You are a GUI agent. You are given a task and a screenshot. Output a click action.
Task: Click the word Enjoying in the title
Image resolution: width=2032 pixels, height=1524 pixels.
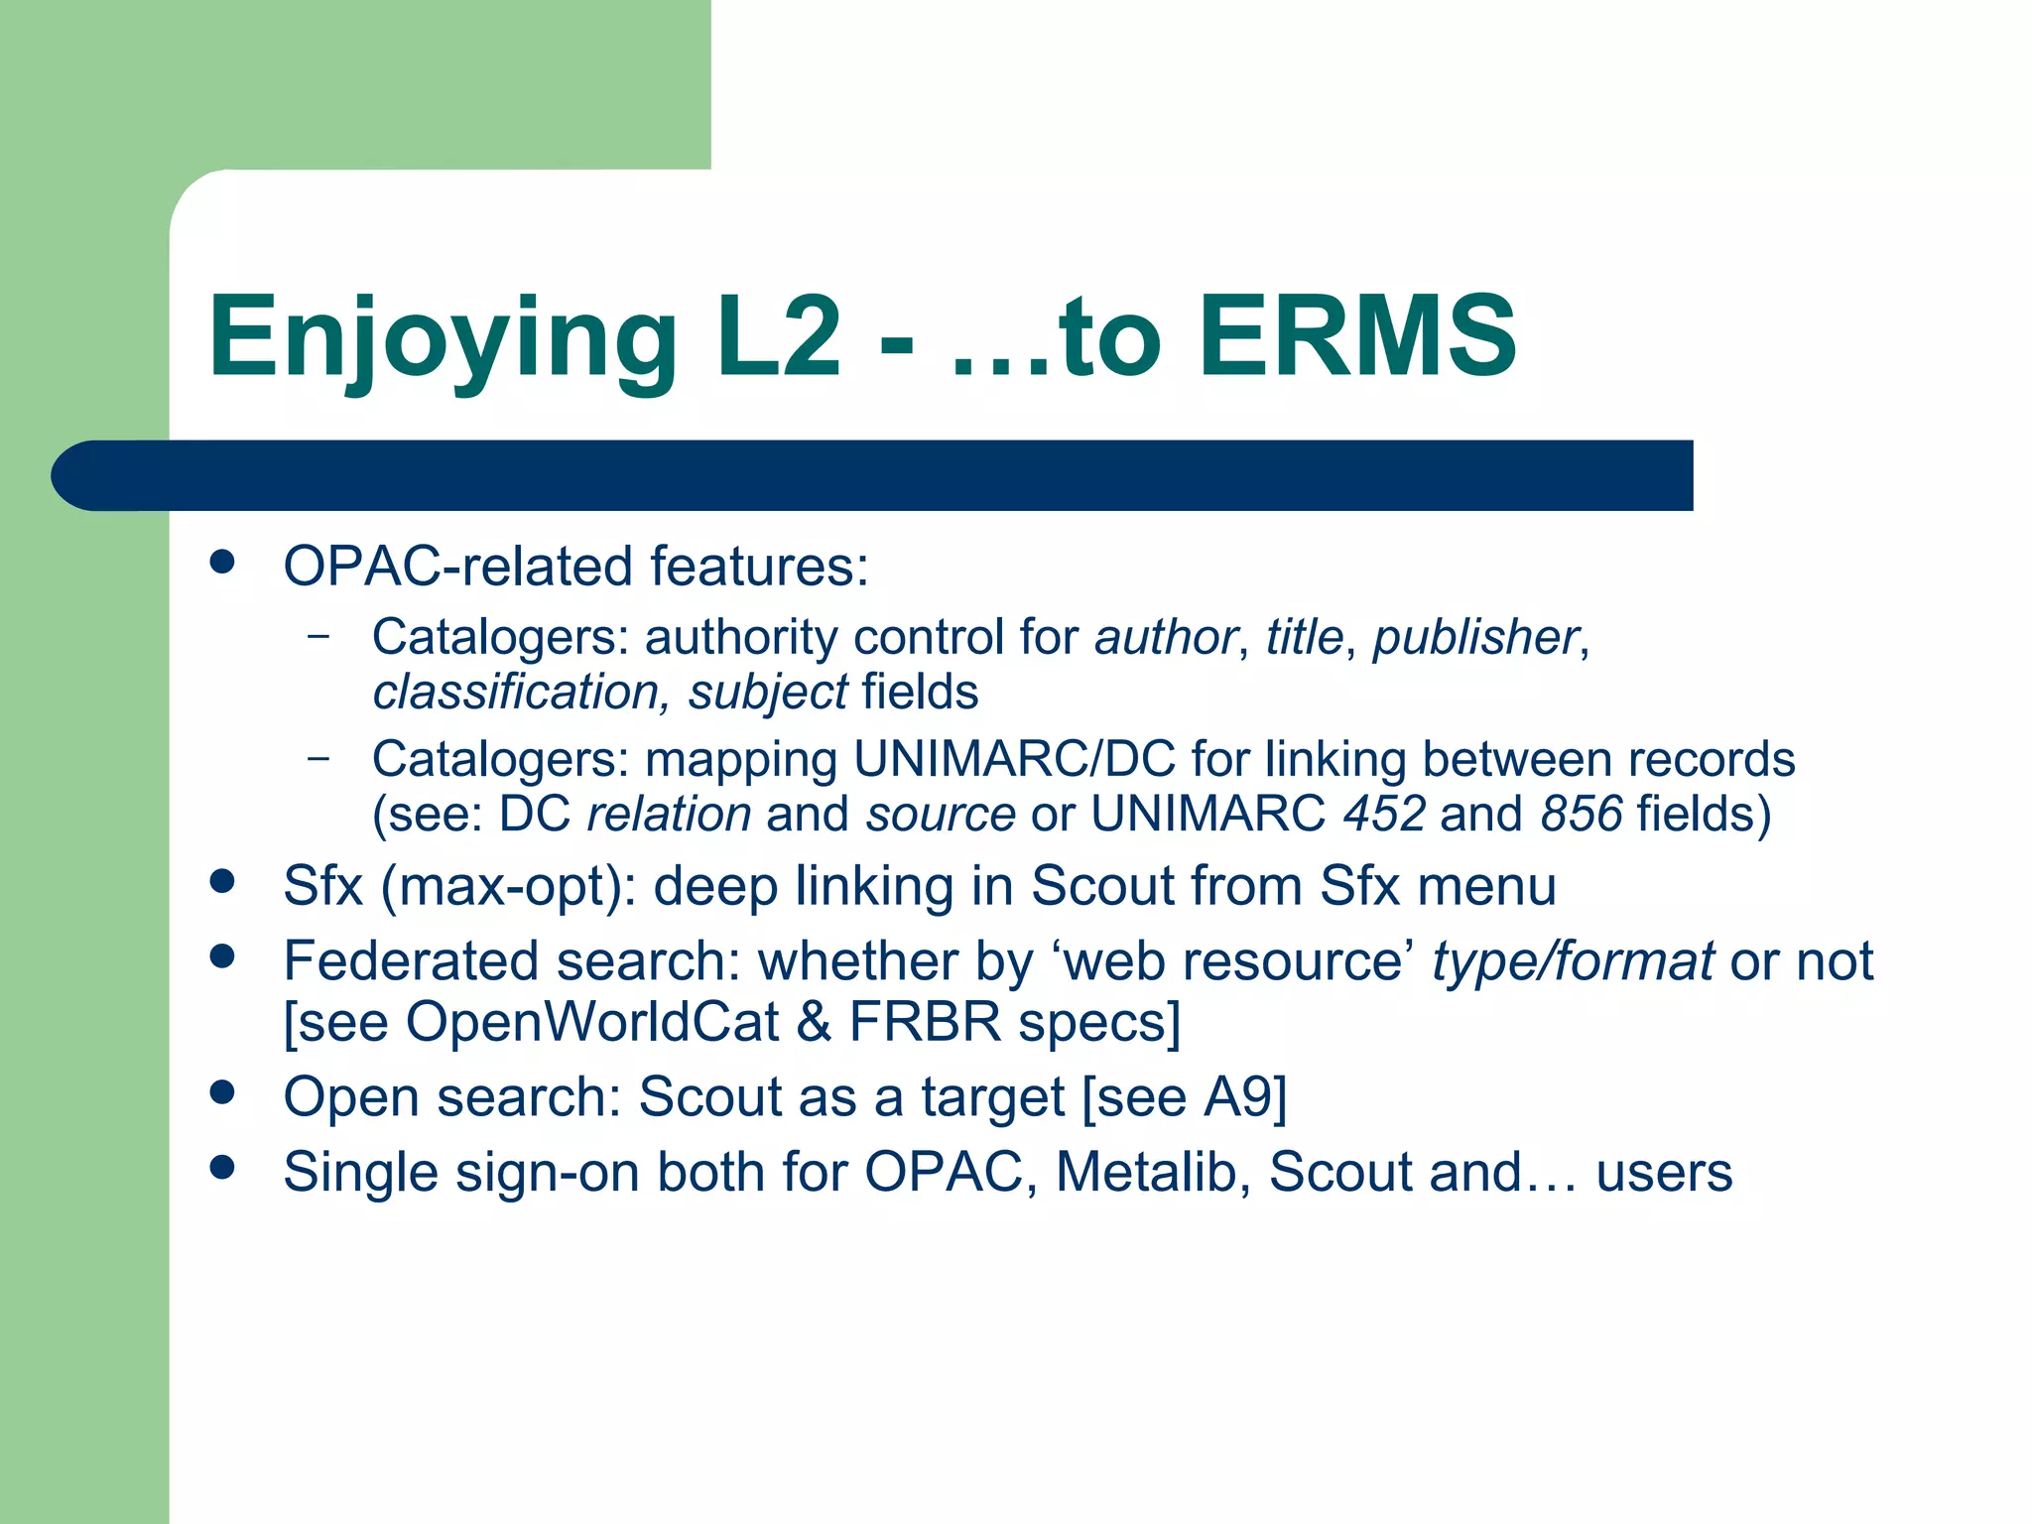tap(443, 339)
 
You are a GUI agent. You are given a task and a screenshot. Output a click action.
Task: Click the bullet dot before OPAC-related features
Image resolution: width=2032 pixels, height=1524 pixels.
tap(222, 563)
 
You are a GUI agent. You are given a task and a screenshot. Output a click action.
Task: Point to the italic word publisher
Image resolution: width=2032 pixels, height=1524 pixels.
tap(1475, 637)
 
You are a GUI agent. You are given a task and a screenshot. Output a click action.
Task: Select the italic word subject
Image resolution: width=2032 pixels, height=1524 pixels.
tap(768, 693)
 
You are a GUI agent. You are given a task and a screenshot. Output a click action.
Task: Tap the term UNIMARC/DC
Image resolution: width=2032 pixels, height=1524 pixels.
tap(1014, 759)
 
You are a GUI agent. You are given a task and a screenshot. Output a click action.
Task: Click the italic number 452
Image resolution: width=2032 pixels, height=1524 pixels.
tap(1384, 815)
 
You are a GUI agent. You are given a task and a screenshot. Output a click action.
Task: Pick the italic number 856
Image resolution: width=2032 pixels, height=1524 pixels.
tap(1582, 815)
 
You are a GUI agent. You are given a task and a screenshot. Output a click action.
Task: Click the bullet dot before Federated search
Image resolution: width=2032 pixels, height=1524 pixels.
tap(222, 956)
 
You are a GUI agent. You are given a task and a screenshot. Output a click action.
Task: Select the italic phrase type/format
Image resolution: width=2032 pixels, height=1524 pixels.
tap(1573, 961)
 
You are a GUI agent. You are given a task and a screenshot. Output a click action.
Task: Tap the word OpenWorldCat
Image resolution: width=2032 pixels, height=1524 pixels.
tap(592, 1022)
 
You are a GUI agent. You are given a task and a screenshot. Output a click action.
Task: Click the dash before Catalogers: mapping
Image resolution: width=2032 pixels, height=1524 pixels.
tap(318, 758)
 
